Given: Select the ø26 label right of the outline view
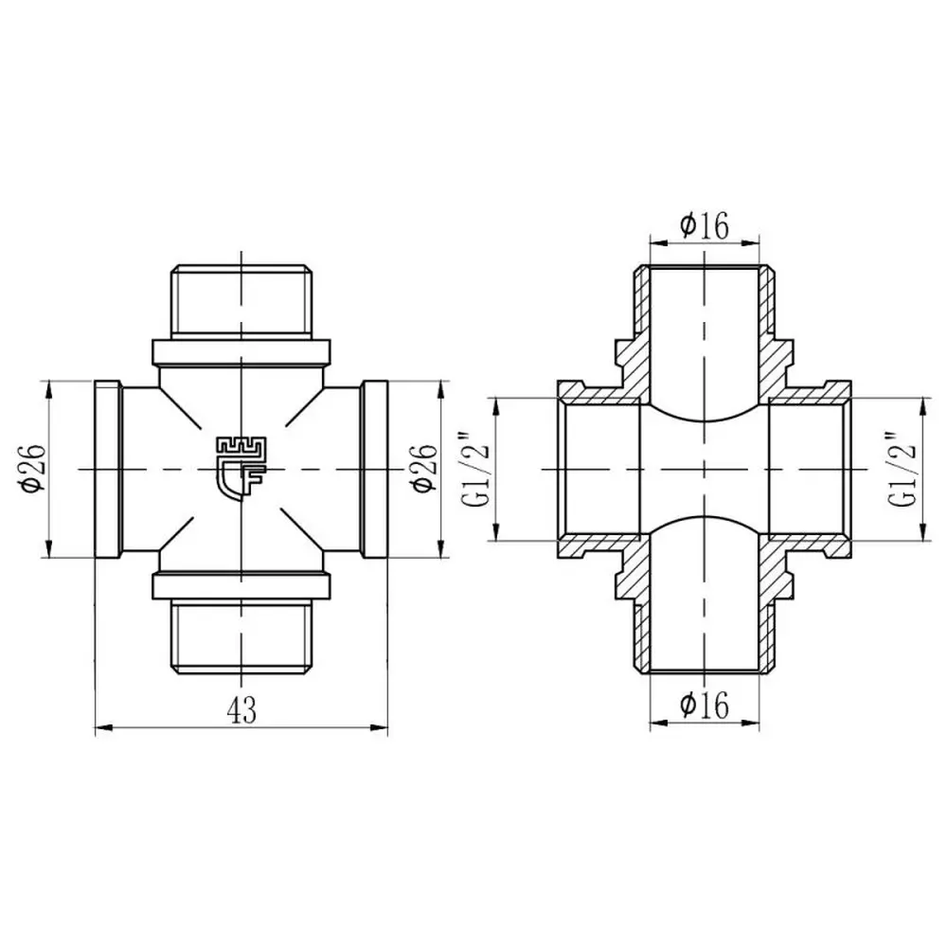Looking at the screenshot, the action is click(422, 468).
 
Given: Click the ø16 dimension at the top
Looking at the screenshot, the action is click(705, 225).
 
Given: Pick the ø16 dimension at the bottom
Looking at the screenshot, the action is click(705, 705).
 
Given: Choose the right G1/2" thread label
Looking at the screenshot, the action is click(902, 470).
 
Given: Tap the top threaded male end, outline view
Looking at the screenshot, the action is click(241, 301).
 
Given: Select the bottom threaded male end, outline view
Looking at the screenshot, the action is click(241, 635).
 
